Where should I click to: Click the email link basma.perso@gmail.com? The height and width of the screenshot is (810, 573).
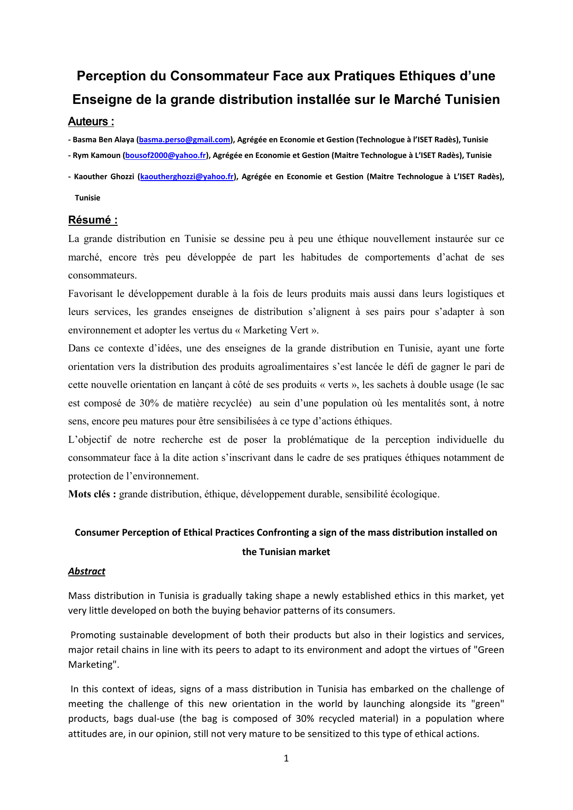pyautogui.click(x=185, y=139)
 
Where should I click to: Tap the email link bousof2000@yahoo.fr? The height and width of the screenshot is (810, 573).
pyautogui.click(x=165, y=155)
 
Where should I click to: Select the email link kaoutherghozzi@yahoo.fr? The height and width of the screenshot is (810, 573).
pyautogui.click(x=187, y=176)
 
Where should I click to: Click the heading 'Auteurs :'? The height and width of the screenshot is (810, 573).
pyautogui.click(x=91, y=121)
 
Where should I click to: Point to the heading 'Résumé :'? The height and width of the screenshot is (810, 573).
pyautogui.click(x=93, y=220)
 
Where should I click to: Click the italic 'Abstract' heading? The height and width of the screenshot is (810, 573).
pyautogui.click(x=87, y=571)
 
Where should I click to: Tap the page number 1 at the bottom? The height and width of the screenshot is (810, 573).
pyautogui.click(x=286, y=758)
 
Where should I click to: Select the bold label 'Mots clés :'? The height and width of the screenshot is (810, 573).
pyautogui.click(x=92, y=494)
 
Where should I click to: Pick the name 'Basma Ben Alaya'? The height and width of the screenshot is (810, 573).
pyautogui.click(x=103, y=139)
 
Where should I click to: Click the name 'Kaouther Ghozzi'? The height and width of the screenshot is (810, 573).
pyautogui.click(x=104, y=176)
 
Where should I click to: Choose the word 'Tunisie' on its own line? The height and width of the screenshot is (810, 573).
pyautogui.click(x=88, y=198)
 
